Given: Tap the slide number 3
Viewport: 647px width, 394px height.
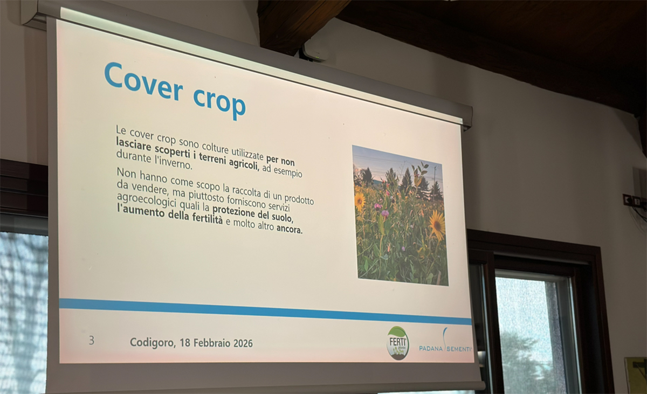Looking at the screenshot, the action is coord(92,341).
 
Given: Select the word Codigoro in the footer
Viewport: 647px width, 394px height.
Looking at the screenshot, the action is coord(153,343).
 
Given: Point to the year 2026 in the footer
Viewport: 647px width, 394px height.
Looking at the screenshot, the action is coord(243,343).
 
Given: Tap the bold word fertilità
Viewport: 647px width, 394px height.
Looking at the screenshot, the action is coord(208,218).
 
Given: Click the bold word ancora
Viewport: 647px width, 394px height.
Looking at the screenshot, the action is coord(290,229).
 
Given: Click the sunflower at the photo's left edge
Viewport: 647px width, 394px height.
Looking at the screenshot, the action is coord(359,201).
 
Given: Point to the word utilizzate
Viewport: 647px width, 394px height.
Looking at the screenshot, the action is coord(248,153).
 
